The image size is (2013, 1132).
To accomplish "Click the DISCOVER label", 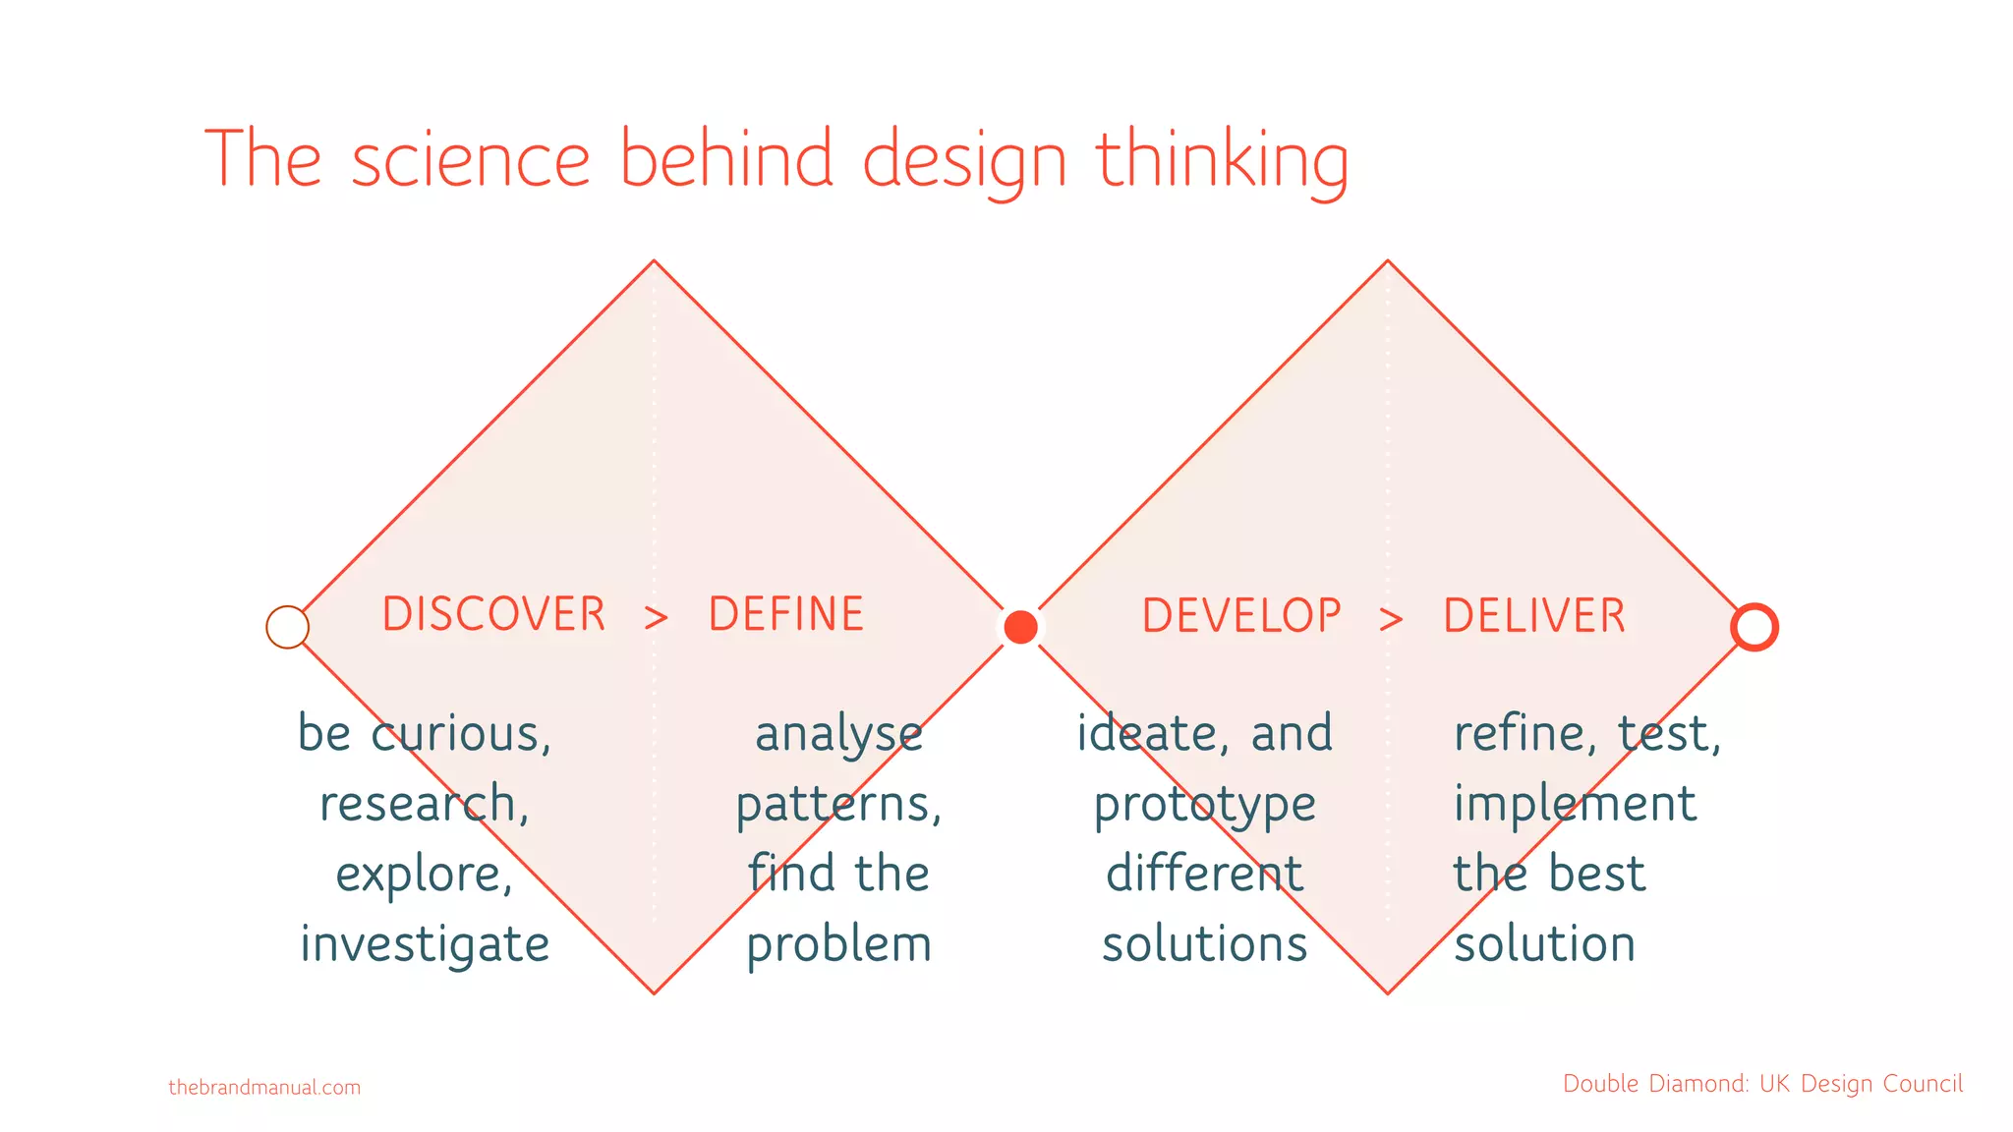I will tap(493, 614).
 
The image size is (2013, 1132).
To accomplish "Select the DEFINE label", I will tap(785, 614).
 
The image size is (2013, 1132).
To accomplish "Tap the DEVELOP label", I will tap(1240, 616).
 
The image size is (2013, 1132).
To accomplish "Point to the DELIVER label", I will tap(1534, 616).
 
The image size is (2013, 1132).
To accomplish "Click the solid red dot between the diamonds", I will tap(1020, 627).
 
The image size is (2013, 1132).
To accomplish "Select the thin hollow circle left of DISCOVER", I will tap(288, 627).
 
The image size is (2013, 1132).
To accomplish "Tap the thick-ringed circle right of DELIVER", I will tap(1754, 627).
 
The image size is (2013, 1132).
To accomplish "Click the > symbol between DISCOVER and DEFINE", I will tap(656, 618).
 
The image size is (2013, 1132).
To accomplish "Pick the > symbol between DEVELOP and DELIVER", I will tap(1391, 619).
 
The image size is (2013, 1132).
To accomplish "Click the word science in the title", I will tap(471, 159).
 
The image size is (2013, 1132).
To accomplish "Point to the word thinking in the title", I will tap(1222, 159).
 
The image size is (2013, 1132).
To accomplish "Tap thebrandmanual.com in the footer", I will tap(264, 1088).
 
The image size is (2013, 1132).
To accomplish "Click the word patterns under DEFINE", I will tap(838, 805).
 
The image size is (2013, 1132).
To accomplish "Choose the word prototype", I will tap(1204, 805).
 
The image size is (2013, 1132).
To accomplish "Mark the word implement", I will tap(1575, 803).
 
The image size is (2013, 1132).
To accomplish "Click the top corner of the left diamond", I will tap(654, 261).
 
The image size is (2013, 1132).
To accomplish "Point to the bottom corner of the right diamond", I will tap(1388, 992).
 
